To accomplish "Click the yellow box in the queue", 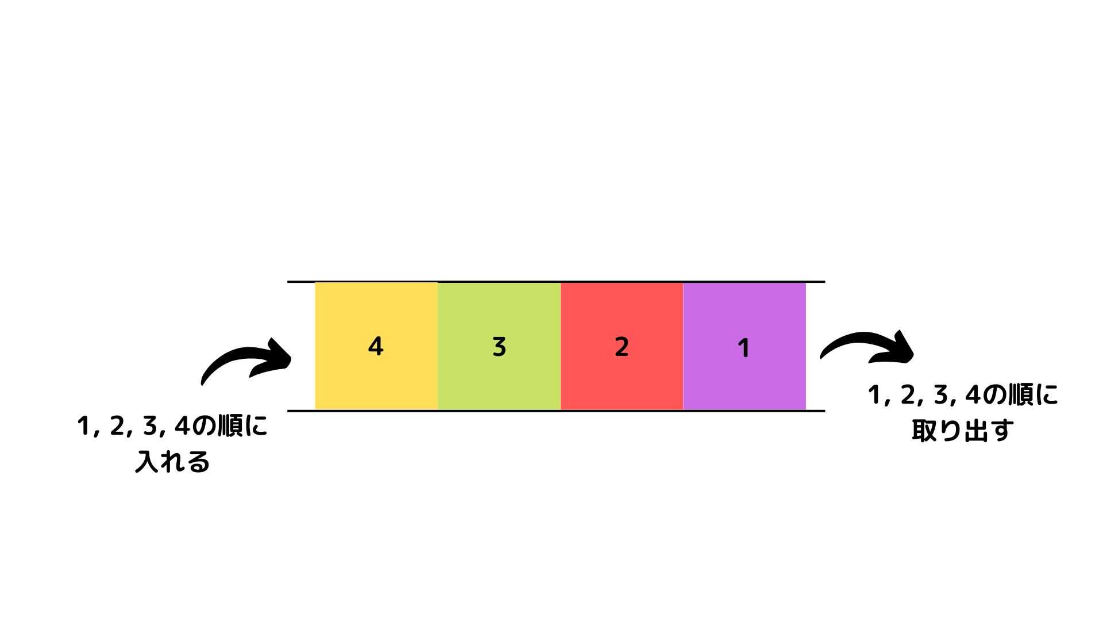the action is (x=376, y=346).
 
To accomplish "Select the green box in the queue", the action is (x=499, y=346).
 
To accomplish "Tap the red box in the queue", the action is (x=622, y=346).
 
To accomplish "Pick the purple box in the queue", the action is (x=745, y=346).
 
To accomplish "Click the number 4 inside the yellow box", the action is (x=375, y=346).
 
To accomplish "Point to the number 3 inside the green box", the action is (x=499, y=347).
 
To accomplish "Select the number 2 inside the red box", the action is (x=622, y=347).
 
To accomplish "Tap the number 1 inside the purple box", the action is (x=743, y=348).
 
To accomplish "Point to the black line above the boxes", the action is (x=556, y=282).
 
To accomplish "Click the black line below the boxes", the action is (x=556, y=411).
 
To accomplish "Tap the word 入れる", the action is (x=172, y=462).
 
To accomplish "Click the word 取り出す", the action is (x=962, y=431).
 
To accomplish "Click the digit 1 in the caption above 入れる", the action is (x=83, y=427).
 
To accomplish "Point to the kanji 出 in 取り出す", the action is (x=974, y=431).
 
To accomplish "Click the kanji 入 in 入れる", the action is (x=146, y=462).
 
